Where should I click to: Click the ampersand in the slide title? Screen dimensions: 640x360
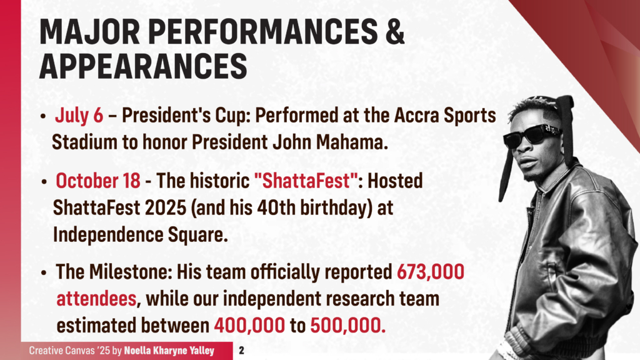[394, 31]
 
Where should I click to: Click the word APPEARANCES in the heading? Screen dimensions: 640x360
[143, 66]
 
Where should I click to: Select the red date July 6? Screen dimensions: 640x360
[79, 115]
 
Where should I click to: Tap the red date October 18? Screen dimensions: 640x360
[98, 181]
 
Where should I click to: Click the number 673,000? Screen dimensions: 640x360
[431, 272]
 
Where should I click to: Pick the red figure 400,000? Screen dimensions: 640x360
[249, 325]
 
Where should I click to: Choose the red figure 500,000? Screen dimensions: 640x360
[347, 325]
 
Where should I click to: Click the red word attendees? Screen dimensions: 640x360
[96, 299]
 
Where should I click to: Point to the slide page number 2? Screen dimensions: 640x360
[242, 350]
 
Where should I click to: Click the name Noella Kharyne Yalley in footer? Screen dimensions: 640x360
[169, 351]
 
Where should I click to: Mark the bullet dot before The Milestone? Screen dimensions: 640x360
[44, 272]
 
